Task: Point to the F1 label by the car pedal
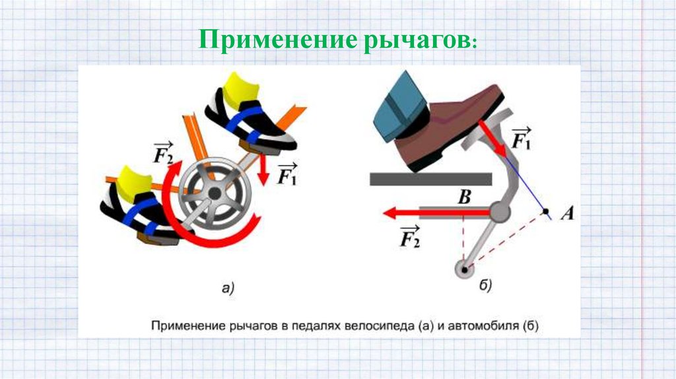click(x=522, y=139)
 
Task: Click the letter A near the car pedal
click(x=566, y=213)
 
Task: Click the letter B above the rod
click(x=465, y=196)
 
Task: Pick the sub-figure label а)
click(x=227, y=287)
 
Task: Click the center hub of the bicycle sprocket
click(x=215, y=192)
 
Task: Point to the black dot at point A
click(x=547, y=211)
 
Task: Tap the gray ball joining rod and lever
click(x=500, y=212)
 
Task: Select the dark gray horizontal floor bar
click(x=430, y=178)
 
